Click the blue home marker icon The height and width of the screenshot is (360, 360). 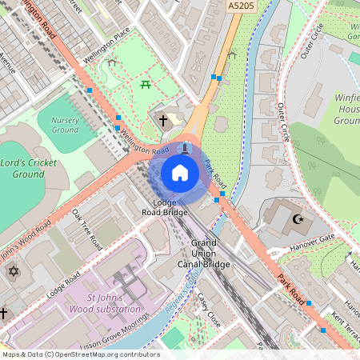[180, 172]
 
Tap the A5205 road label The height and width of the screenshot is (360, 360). [241, 6]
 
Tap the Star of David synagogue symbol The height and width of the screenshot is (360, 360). [13, 272]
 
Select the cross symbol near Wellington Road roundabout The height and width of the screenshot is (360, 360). [163, 121]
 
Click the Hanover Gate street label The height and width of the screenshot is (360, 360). [313, 240]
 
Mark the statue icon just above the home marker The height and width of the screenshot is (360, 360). [186, 147]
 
